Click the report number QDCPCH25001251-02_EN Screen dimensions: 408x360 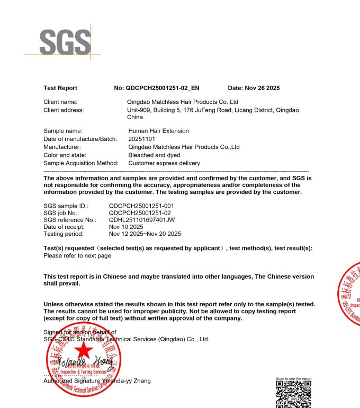[162, 88]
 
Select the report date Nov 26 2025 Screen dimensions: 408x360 [254, 88]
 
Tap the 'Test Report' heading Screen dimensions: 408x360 [60, 88]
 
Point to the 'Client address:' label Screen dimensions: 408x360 [64, 110]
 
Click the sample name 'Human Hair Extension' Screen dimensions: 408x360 [158, 131]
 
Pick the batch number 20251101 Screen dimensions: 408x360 [141, 139]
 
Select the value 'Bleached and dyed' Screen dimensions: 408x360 [154, 155]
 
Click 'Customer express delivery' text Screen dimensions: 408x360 [164, 163]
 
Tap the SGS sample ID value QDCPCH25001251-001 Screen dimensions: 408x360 [141, 206]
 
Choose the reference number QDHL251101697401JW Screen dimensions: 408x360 [142, 219]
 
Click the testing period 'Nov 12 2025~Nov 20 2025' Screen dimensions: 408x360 [145, 234]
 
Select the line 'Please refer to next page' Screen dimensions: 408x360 [77, 255]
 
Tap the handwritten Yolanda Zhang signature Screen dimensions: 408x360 [79, 366]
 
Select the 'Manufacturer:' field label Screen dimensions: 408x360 [62, 147]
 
